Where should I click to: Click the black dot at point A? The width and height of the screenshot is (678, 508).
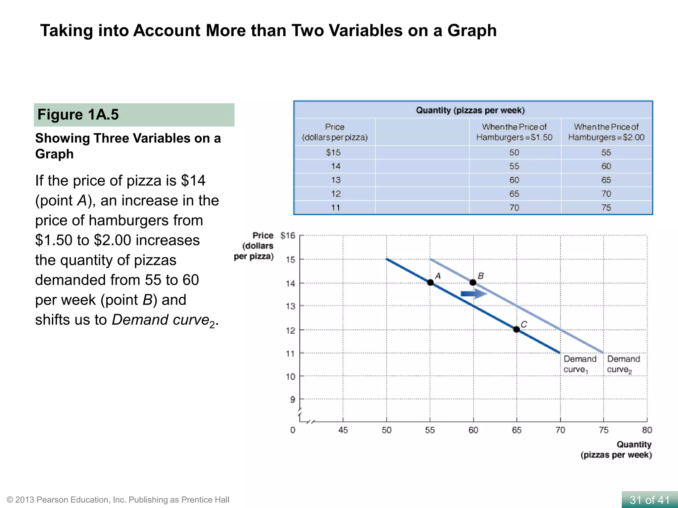pyautogui.click(x=430, y=282)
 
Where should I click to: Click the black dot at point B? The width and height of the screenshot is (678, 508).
pyautogui.click(x=473, y=282)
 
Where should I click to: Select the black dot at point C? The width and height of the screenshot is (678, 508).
pyautogui.click(x=516, y=329)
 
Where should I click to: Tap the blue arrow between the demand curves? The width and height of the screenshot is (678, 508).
pyautogui.click(x=474, y=294)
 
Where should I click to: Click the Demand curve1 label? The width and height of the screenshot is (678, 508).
pyautogui.click(x=579, y=364)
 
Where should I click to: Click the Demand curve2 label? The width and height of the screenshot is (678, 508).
pyautogui.click(x=623, y=364)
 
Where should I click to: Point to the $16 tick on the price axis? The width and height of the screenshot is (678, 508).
pyautogui.click(x=287, y=235)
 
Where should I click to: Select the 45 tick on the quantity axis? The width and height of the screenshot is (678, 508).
pyautogui.click(x=343, y=430)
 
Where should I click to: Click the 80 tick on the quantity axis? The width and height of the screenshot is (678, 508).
pyautogui.click(x=647, y=430)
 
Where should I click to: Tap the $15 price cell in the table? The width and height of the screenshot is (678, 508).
pyautogui.click(x=333, y=152)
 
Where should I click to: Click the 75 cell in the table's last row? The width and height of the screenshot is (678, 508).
pyautogui.click(x=606, y=208)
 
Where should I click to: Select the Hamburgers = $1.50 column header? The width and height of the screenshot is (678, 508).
pyautogui.click(x=514, y=132)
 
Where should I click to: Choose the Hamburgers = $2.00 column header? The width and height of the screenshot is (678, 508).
pyautogui.click(x=606, y=132)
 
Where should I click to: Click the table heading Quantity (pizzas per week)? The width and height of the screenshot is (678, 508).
pyautogui.click(x=470, y=110)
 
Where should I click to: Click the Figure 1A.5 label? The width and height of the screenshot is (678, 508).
pyautogui.click(x=78, y=114)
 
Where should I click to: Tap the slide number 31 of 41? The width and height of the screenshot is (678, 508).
pyautogui.click(x=649, y=500)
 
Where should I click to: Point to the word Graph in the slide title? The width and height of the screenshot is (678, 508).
pyautogui.click(x=472, y=30)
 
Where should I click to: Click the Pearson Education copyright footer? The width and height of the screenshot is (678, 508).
pyautogui.click(x=118, y=500)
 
